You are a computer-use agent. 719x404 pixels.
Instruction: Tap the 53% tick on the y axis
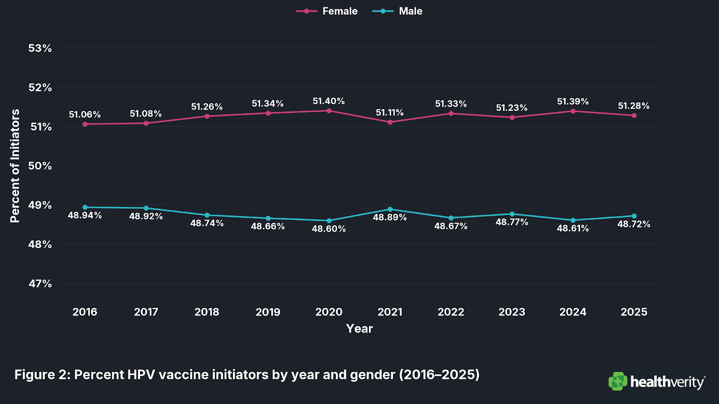[40, 48]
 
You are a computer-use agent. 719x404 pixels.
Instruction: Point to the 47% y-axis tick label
[40, 284]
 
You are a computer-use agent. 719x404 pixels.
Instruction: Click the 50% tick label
[40, 166]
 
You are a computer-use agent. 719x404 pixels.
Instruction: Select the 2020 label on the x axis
[329, 312]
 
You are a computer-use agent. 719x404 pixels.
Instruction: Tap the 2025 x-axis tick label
[634, 312]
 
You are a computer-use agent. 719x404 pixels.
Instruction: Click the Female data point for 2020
[329, 111]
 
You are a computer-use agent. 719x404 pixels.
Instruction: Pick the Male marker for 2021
[390, 209]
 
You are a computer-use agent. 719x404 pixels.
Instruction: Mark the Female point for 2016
[85, 124]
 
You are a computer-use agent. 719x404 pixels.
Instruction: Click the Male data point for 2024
[573, 220]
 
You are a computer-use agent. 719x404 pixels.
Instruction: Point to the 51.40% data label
[329, 101]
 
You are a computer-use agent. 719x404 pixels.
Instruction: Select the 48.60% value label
[329, 229]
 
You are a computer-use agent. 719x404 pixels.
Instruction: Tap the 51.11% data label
[390, 113]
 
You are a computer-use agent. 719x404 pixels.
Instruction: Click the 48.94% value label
[85, 215]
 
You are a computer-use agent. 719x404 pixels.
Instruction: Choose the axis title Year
[359, 329]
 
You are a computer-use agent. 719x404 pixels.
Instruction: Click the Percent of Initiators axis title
[15, 166]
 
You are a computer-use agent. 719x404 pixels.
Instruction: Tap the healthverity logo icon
[618, 381]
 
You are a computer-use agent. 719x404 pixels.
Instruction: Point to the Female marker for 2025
[634, 115]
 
